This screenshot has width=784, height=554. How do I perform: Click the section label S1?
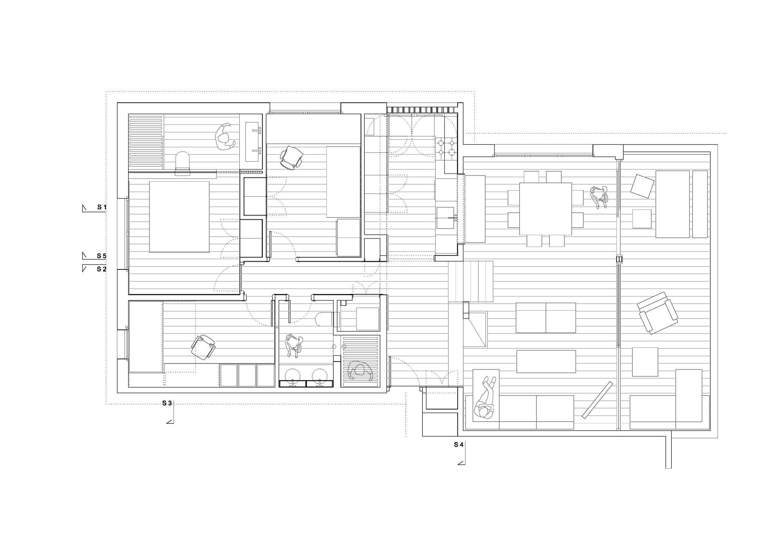coord(102,207)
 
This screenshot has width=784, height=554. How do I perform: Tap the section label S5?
coord(102,256)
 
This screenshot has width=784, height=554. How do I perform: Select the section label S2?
coord(102,269)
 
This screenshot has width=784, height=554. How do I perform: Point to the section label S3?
coord(167,403)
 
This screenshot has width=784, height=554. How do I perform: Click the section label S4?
coord(459,445)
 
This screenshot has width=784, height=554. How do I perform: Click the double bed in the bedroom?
coord(179,217)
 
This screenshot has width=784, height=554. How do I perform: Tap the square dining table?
coord(546,209)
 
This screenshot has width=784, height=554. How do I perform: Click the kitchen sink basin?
coord(445,218)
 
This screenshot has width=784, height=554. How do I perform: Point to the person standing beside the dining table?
coord(599,197)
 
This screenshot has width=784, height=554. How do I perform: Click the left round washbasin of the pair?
coord(293,376)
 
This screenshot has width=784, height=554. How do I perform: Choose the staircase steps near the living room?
coord(471,281)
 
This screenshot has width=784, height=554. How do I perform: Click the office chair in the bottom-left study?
coord(203,347)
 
